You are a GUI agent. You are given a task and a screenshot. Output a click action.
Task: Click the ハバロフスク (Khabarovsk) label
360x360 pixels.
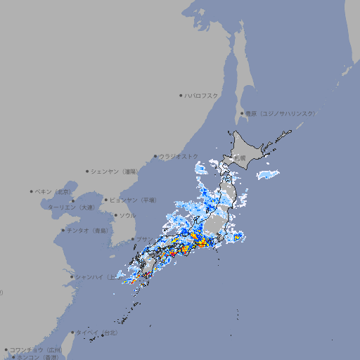click(202, 96)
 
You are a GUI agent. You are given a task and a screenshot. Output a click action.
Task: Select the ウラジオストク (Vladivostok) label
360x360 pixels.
click(178, 156)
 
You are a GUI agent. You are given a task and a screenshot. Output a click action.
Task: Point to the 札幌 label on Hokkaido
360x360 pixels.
click(240, 157)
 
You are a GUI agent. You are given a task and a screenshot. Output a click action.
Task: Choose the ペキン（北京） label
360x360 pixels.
click(54, 191)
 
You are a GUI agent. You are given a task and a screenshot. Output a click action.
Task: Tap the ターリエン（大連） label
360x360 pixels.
click(71, 208)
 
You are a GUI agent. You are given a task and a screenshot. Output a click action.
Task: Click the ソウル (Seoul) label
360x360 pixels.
click(127, 216)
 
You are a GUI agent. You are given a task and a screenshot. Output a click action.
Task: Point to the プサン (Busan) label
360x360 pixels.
click(143, 240)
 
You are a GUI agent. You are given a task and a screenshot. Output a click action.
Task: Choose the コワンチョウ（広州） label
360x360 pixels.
click(36, 349)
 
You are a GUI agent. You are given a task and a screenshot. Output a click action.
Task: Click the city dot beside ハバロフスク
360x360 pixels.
click(181, 96)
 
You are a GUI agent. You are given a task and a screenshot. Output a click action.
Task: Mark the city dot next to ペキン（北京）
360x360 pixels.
click(32, 191)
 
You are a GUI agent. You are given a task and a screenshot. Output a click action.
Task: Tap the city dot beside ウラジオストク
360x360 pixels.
click(155, 156)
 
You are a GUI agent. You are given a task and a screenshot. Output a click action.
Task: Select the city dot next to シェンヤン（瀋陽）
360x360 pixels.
click(87, 172)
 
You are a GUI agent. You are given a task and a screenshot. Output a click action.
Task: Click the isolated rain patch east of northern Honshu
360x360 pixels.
click(266, 173)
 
